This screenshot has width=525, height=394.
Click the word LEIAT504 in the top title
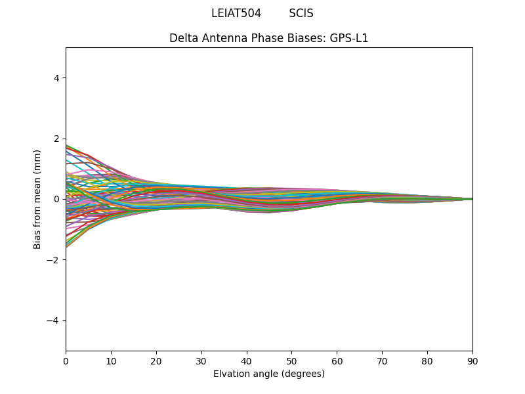point(236,14)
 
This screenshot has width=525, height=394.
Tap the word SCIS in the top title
point(301,14)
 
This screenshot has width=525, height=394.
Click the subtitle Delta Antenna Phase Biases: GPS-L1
point(268,38)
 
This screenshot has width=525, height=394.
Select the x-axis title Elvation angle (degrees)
point(268,374)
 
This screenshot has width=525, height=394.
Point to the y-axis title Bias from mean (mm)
point(37,199)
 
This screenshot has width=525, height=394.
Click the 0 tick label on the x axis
point(66,361)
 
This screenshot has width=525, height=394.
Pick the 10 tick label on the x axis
point(111,361)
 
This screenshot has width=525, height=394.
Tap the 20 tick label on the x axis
point(156,361)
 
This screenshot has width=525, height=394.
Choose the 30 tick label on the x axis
point(201,361)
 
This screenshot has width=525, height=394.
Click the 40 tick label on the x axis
point(247,361)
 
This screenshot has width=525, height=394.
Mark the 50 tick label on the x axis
point(291,361)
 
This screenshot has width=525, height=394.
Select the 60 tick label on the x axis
point(337,361)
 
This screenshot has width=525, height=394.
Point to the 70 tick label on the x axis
point(382,361)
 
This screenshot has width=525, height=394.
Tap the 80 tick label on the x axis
point(427,361)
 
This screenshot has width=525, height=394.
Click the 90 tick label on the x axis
point(472,361)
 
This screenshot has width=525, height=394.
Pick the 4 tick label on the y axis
point(56,78)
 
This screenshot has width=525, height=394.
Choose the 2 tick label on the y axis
point(56,139)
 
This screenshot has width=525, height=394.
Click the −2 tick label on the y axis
point(54,260)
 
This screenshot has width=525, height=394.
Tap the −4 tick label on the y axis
point(54,320)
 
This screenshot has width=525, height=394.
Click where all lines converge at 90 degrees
point(472,199)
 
